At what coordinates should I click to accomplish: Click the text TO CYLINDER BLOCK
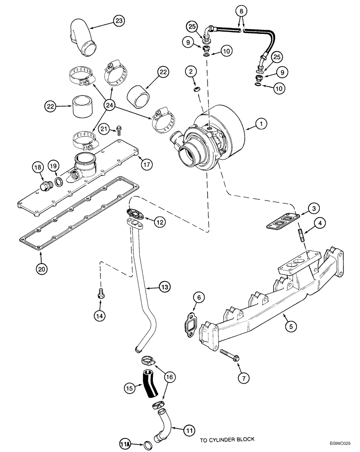(x=227, y=439)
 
